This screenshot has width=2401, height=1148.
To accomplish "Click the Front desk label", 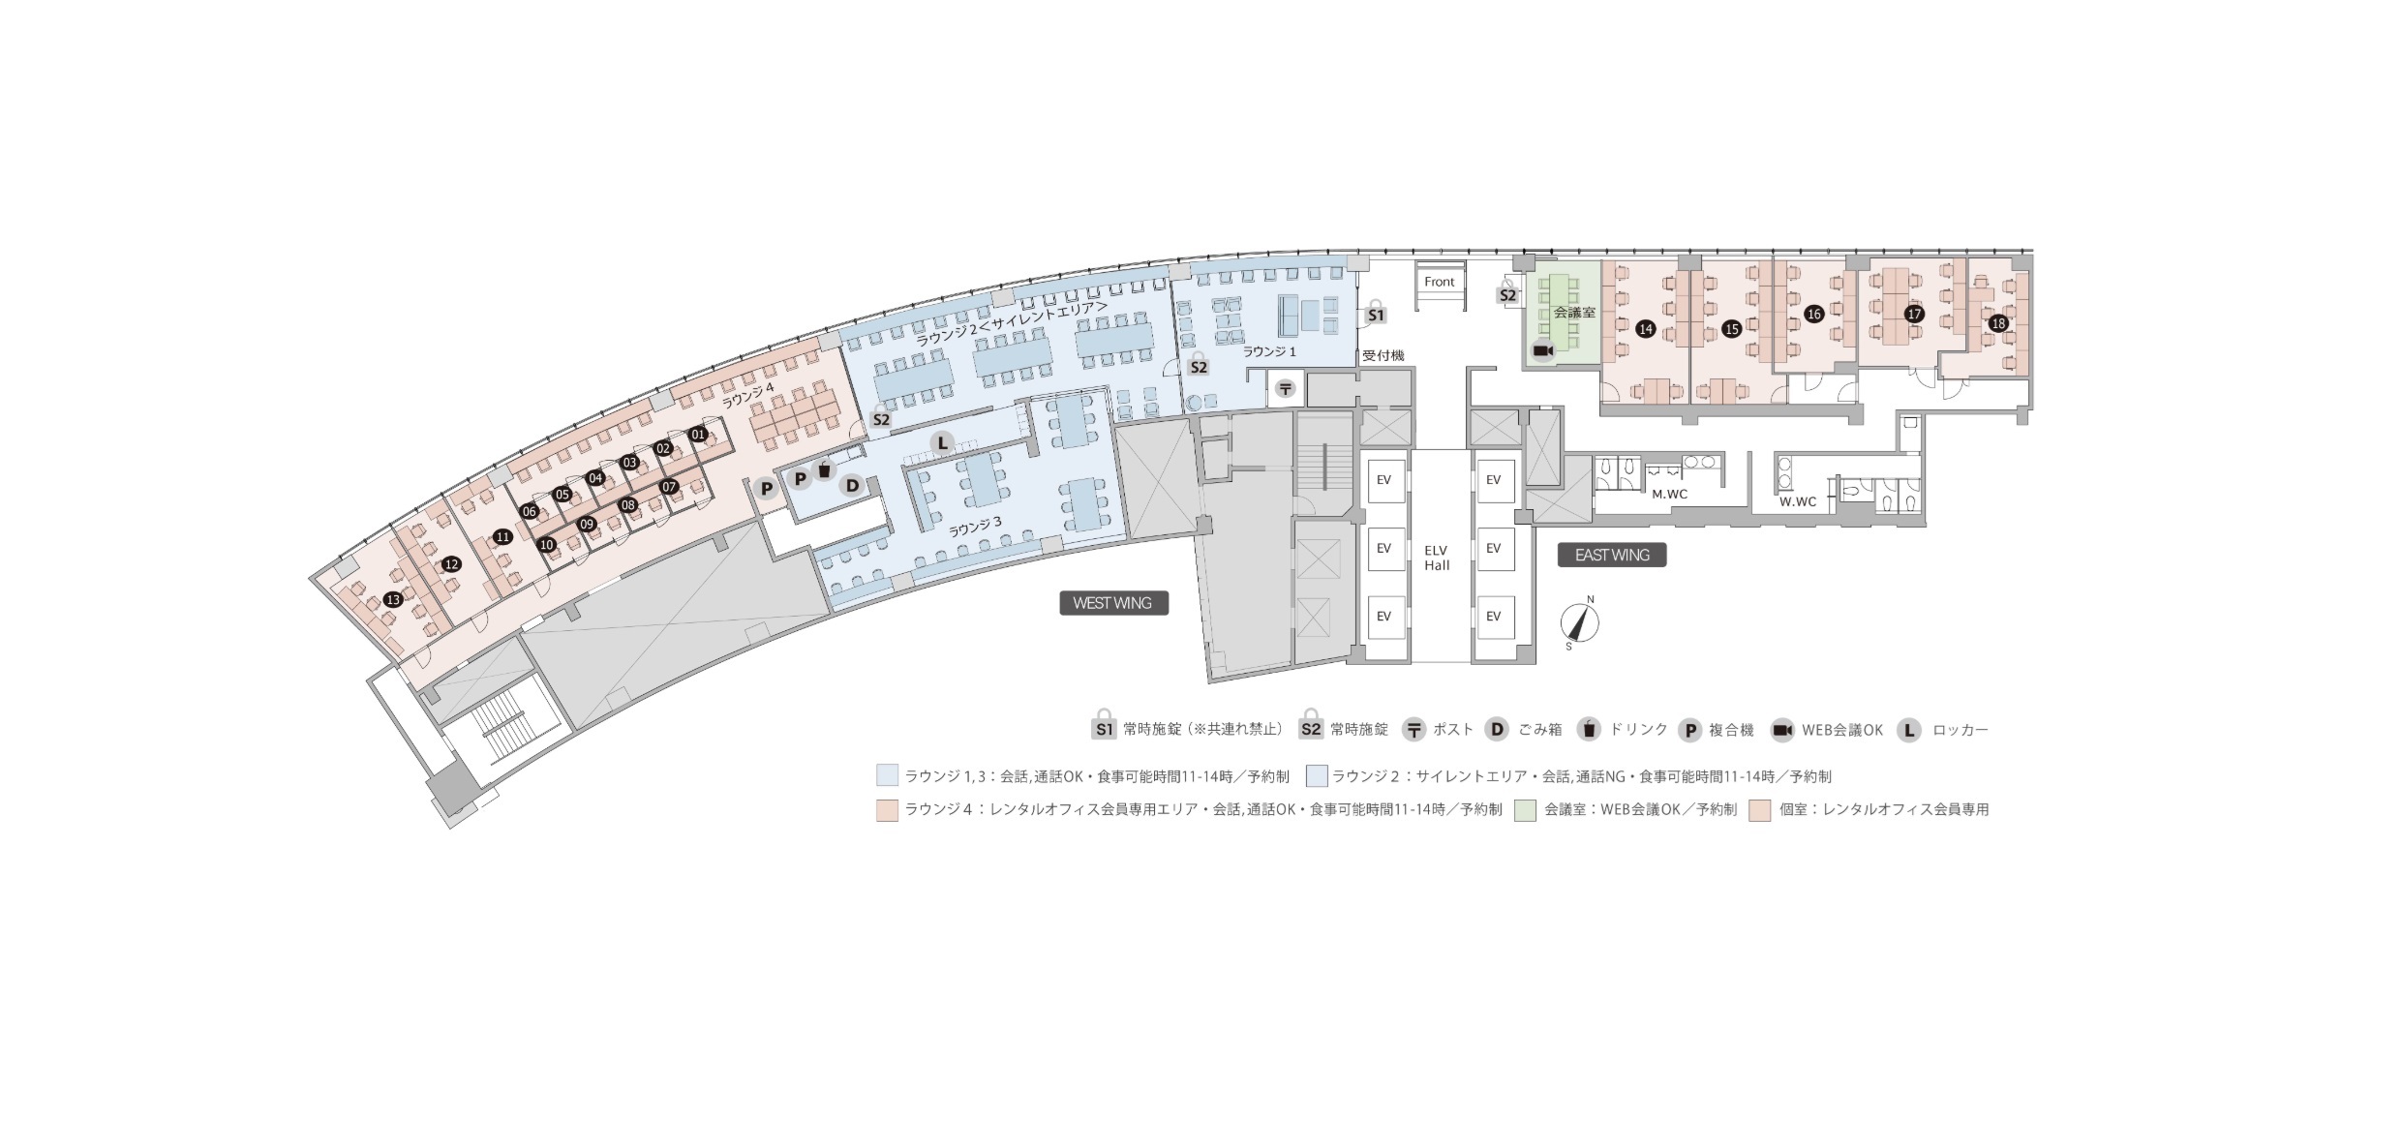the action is [x=1439, y=282].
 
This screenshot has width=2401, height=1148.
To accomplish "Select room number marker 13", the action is [x=392, y=600].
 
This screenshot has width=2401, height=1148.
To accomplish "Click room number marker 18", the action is [x=1998, y=323].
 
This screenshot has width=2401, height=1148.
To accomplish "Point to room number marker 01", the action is [x=698, y=435].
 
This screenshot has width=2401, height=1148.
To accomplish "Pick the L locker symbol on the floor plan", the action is [x=941, y=443].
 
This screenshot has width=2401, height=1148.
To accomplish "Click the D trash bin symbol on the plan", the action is [x=852, y=485].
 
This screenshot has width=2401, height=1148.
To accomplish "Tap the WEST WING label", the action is [x=1113, y=603].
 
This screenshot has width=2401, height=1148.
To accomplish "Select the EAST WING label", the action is [x=1612, y=555].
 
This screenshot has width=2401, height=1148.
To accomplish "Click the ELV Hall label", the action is [x=1437, y=559].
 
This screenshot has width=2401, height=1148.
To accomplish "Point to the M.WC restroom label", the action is [x=1670, y=495].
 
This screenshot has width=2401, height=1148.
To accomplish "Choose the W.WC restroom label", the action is [x=1798, y=501].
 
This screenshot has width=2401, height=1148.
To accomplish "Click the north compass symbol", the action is [x=1580, y=622].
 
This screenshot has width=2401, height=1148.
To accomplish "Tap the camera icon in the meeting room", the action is [x=1542, y=350].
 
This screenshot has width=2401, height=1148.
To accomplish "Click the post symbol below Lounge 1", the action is [x=1286, y=389].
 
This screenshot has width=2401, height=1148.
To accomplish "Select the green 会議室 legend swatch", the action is [x=1527, y=810].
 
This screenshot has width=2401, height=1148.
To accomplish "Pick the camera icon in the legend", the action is [x=1782, y=731].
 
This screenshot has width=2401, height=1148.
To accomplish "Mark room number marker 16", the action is [x=1814, y=315].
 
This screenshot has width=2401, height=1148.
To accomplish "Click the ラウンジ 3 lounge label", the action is [x=975, y=528].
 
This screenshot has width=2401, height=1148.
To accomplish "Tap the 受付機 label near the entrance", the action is [x=1383, y=356].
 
